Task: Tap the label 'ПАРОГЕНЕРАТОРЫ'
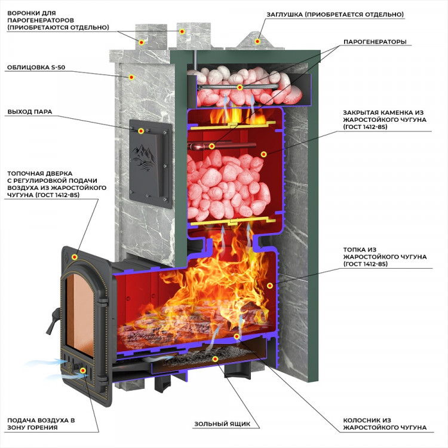click(x=375, y=42)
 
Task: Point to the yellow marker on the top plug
click(x=258, y=41)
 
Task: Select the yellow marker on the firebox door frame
click(x=74, y=256)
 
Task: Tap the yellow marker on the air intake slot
click(x=82, y=370)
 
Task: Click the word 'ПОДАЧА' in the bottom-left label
click(x=22, y=420)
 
